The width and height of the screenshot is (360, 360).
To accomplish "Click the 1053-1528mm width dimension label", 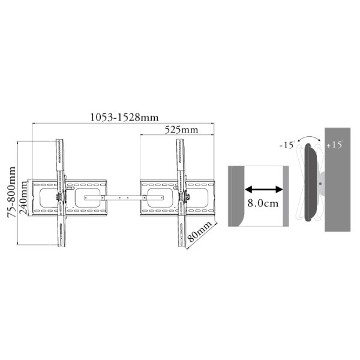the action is (124, 118).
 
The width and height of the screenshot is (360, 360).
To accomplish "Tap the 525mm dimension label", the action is (181, 130).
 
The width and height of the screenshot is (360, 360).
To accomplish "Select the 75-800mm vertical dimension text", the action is (11, 192).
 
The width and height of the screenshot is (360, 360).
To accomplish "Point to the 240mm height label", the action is (23, 197).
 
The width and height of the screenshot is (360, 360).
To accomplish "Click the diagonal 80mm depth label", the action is (199, 232).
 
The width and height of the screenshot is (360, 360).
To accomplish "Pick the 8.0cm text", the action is (263, 203).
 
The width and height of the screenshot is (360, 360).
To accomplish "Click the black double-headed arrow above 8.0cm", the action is (264, 190).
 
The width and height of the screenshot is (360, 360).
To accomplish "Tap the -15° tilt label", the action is (287, 145).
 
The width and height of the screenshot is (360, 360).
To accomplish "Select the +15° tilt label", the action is (335, 145).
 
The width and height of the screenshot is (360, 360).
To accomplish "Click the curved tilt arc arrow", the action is (309, 137).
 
